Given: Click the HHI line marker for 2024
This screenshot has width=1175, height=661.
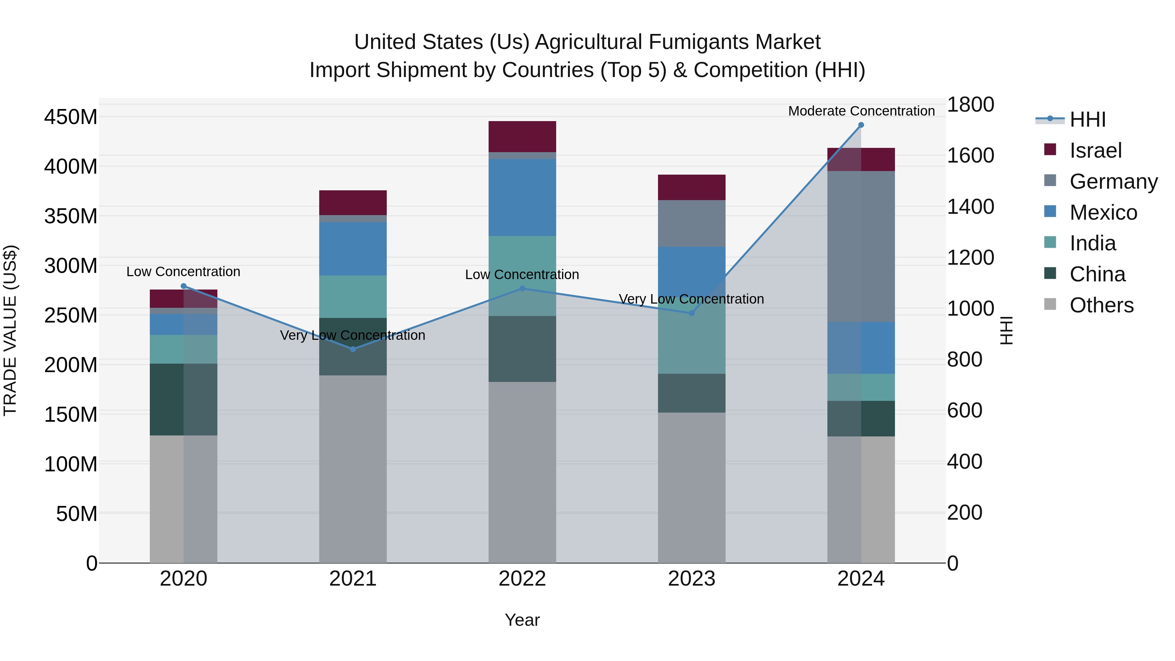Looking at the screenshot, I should (x=861, y=125).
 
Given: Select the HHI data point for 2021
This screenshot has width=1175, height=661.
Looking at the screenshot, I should (x=352, y=349).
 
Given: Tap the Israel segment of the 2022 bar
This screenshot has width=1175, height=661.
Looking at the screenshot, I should (x=522, y=136).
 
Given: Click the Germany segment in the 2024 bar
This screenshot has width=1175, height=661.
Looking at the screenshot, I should (x=861, y=246).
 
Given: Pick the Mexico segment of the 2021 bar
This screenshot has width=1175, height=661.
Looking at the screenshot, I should (x=352, y=249).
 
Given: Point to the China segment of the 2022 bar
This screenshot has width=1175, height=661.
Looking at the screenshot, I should (x=522, y=349).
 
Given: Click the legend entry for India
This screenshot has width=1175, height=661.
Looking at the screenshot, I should (x=1092, y=243).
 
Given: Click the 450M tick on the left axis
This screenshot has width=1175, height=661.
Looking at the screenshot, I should (x=71, y=117).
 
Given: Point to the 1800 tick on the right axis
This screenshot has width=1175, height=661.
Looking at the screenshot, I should (x=970, y=104).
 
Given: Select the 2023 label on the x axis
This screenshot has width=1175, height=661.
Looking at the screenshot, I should (x=692, y=579).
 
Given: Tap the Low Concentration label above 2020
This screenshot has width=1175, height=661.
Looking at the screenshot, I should (x=183, y=272).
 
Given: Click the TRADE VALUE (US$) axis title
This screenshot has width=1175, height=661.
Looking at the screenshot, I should (x=10, y=330).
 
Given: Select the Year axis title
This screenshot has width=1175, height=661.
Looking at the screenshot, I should (x=522, y=620).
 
